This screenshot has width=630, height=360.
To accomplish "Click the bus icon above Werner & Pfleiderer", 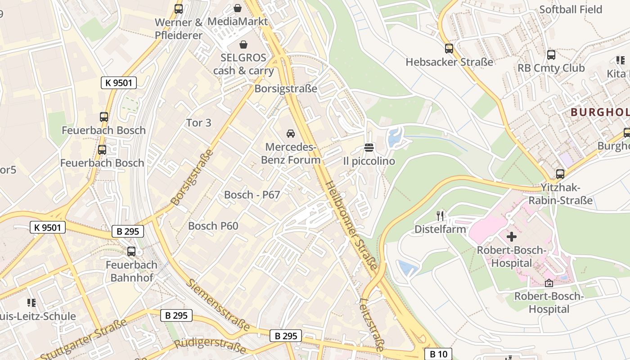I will (x=179, y=9).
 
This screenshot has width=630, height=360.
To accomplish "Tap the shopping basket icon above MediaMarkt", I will (x=237, y=8).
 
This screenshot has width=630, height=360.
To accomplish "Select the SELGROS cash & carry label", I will (x=243, y=64).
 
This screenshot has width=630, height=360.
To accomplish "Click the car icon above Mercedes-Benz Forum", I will (x=291, y=133).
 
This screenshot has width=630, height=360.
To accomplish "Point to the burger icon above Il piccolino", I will (x=369, y=147).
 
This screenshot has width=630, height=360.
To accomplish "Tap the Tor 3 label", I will (x=198, y=122).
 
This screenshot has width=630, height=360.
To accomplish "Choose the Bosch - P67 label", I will (x=252, y=195).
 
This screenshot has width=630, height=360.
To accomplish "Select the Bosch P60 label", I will (x=213, y=226).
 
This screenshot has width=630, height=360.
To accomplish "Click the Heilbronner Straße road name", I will (x=351, y=226).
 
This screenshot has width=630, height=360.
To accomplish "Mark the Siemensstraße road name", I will (x=218, y=305).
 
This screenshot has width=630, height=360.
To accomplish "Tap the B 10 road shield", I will (x=438, y=354).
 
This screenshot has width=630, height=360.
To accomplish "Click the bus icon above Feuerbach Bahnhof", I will (x=131, y=252).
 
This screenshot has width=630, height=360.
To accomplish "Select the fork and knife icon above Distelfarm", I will (x=440, y=216).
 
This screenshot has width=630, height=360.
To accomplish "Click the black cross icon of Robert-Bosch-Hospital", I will (x=512, y=236).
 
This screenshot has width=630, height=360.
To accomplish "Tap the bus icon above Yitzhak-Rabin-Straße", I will (x=560, y=174).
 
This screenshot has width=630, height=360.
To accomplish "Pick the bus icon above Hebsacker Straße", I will (x=449, y=49).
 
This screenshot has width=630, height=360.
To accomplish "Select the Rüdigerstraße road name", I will (x=210, y=346).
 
